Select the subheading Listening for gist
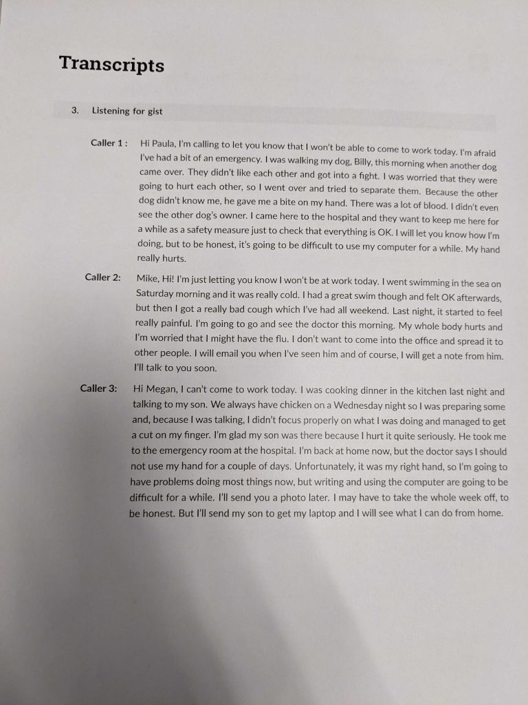point(127,111)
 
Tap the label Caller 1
point(109,143)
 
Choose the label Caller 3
point(98,388)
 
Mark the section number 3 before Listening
point(74,110)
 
